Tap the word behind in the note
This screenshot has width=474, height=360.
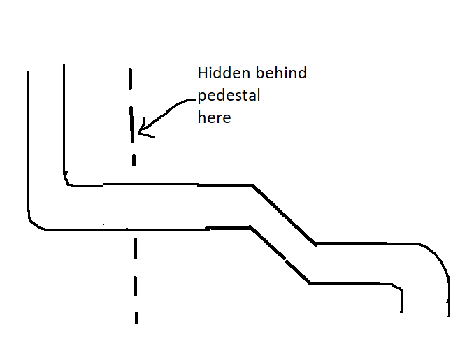click(281, 73)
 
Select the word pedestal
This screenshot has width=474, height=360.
click(229, 96)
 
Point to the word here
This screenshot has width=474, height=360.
click(214, 117)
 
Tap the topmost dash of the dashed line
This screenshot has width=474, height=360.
click(130, 79)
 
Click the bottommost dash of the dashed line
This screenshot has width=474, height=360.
click(136, 318)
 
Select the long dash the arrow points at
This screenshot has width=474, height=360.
click(132, 124)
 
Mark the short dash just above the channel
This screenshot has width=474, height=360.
click(134, 161)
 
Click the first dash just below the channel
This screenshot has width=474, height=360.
click(135, 248)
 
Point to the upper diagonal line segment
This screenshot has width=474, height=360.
click(284, 215)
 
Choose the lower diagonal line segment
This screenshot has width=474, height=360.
click(280, 254)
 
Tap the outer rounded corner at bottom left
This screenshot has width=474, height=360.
click(34, 224)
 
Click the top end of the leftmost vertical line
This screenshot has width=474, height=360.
click(29, 71)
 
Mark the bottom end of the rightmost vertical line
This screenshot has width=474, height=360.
click(448, 316)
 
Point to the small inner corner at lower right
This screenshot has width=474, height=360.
click(399, 287)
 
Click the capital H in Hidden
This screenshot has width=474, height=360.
click(201, 73)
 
